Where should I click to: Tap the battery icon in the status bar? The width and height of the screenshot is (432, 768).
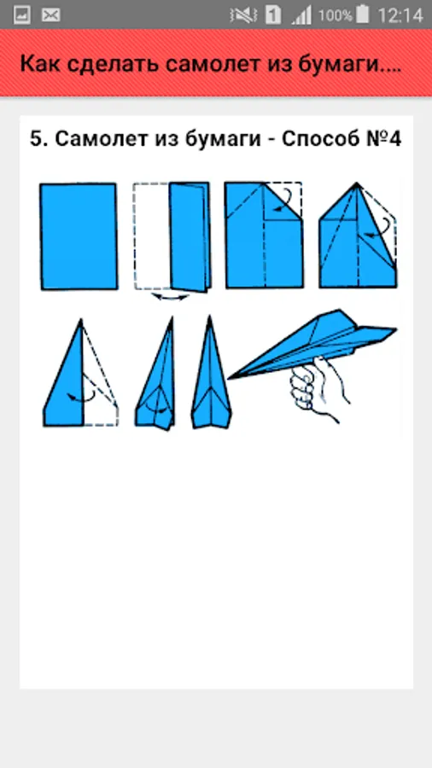pos(363,15)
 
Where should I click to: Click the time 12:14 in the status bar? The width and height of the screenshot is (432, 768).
pos(400,15)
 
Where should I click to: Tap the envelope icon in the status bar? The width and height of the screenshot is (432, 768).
pos(51,15)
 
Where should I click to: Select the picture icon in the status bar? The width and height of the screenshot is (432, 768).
pos(22,15)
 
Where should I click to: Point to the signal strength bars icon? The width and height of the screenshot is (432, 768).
pos(301,15)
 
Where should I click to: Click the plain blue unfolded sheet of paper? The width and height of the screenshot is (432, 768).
pos(79,236)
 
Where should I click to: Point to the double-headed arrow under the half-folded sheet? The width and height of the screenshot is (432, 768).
pos(170,297)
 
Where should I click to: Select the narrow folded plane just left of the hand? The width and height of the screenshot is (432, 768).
pos(211,373)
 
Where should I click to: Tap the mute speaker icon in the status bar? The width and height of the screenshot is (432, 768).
pos(243,15)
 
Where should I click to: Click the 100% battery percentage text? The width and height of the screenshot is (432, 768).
pos(336,15)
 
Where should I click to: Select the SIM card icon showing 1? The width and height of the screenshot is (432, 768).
pos(273,15)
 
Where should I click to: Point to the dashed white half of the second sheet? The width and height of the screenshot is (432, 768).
pos(152,236)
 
